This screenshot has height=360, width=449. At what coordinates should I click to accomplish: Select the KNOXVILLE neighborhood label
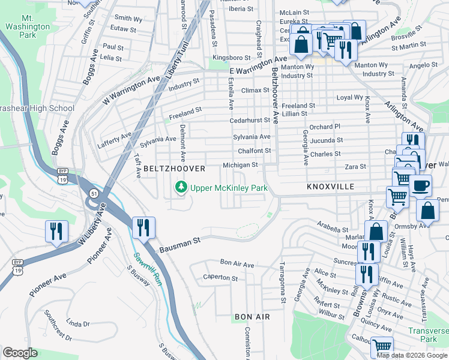(330, 187)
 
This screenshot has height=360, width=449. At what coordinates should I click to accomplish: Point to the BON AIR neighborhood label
(252, 316)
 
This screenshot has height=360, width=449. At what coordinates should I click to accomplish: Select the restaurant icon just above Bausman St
(143, 227)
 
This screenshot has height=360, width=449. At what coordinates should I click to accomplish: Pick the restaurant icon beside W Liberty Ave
(56, 231)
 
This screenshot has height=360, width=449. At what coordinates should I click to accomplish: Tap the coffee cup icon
(420, 185)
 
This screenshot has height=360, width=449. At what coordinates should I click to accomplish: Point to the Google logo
(20, 353)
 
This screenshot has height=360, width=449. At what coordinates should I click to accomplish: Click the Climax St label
(255, 90)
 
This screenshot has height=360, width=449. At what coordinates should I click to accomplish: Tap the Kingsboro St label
(231, 58)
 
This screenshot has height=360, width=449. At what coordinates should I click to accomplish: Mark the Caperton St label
(220, 278)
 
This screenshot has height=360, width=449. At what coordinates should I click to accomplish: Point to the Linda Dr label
(78, 323)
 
